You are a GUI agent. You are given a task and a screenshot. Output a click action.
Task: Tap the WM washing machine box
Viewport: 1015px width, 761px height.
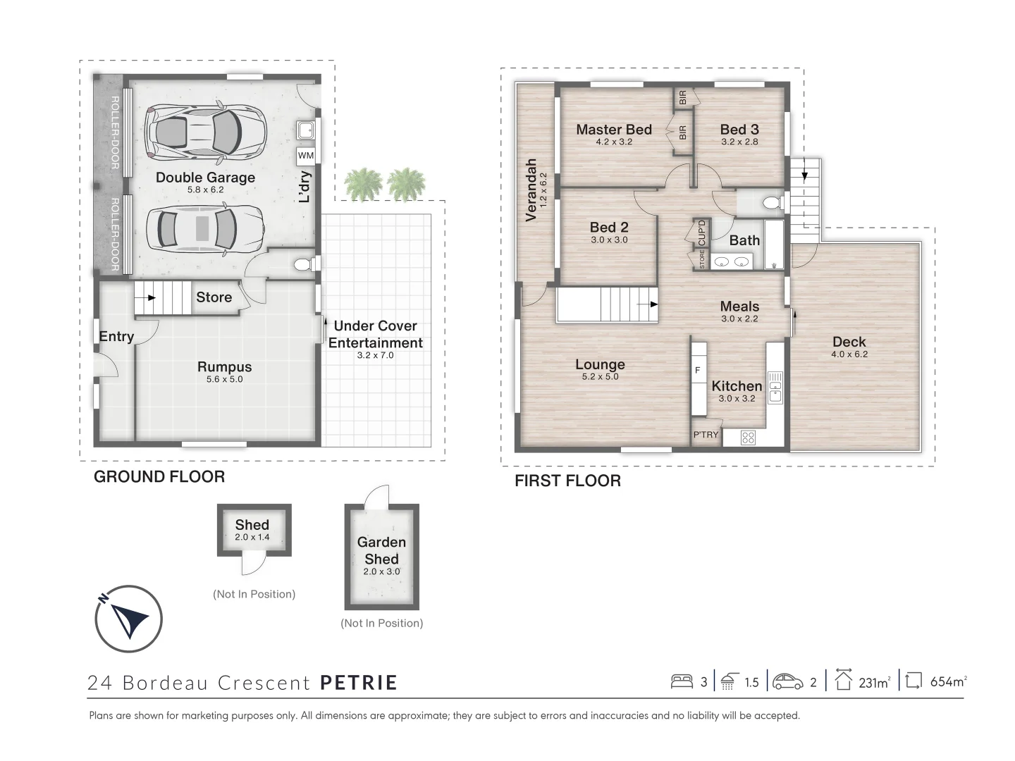306,156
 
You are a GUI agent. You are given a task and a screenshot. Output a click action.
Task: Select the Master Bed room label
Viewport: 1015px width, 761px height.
613,130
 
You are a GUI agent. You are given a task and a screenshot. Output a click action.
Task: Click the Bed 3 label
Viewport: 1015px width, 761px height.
739,130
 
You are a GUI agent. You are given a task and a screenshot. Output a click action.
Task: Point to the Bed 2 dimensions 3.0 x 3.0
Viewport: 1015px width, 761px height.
609,240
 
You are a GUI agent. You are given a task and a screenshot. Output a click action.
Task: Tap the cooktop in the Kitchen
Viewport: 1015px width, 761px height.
748,438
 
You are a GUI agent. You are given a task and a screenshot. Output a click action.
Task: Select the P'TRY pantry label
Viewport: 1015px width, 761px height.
706,435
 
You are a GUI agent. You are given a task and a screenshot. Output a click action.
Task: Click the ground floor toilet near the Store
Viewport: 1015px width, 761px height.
302,265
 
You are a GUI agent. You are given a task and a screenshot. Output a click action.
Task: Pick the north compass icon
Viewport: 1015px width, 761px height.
129,619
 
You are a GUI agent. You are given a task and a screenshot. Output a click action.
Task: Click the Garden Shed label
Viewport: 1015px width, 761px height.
381,550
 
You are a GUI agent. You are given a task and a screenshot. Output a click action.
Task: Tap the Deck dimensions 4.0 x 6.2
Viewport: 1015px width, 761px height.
849,354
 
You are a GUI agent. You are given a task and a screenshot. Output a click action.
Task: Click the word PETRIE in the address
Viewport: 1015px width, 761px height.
359,683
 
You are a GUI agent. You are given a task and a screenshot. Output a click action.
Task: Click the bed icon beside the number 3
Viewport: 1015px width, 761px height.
682,681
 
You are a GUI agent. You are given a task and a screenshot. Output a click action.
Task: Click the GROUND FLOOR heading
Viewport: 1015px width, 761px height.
159,477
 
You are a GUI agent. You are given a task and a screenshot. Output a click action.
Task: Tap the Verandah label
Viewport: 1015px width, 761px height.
531,190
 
